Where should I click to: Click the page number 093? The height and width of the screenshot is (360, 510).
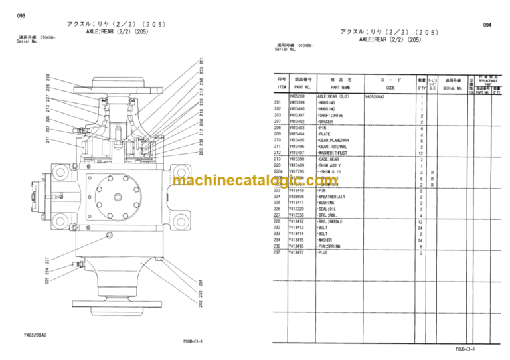[21, 15]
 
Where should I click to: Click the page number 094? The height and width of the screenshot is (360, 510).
[487, 25]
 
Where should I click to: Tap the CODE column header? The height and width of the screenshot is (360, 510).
[390, 86]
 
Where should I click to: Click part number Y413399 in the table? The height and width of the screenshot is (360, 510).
[297, 103]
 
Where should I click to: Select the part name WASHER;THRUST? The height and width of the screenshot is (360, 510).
[337, 153]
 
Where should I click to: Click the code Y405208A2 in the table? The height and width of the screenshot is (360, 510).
[380, 97]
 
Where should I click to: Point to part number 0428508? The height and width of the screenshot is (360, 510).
[297, 197]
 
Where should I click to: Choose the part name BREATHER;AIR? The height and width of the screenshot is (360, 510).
[333, 197]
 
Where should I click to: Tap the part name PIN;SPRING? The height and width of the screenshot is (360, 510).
[331, 246]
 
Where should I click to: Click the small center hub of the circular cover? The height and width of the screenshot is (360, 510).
[117, 195]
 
